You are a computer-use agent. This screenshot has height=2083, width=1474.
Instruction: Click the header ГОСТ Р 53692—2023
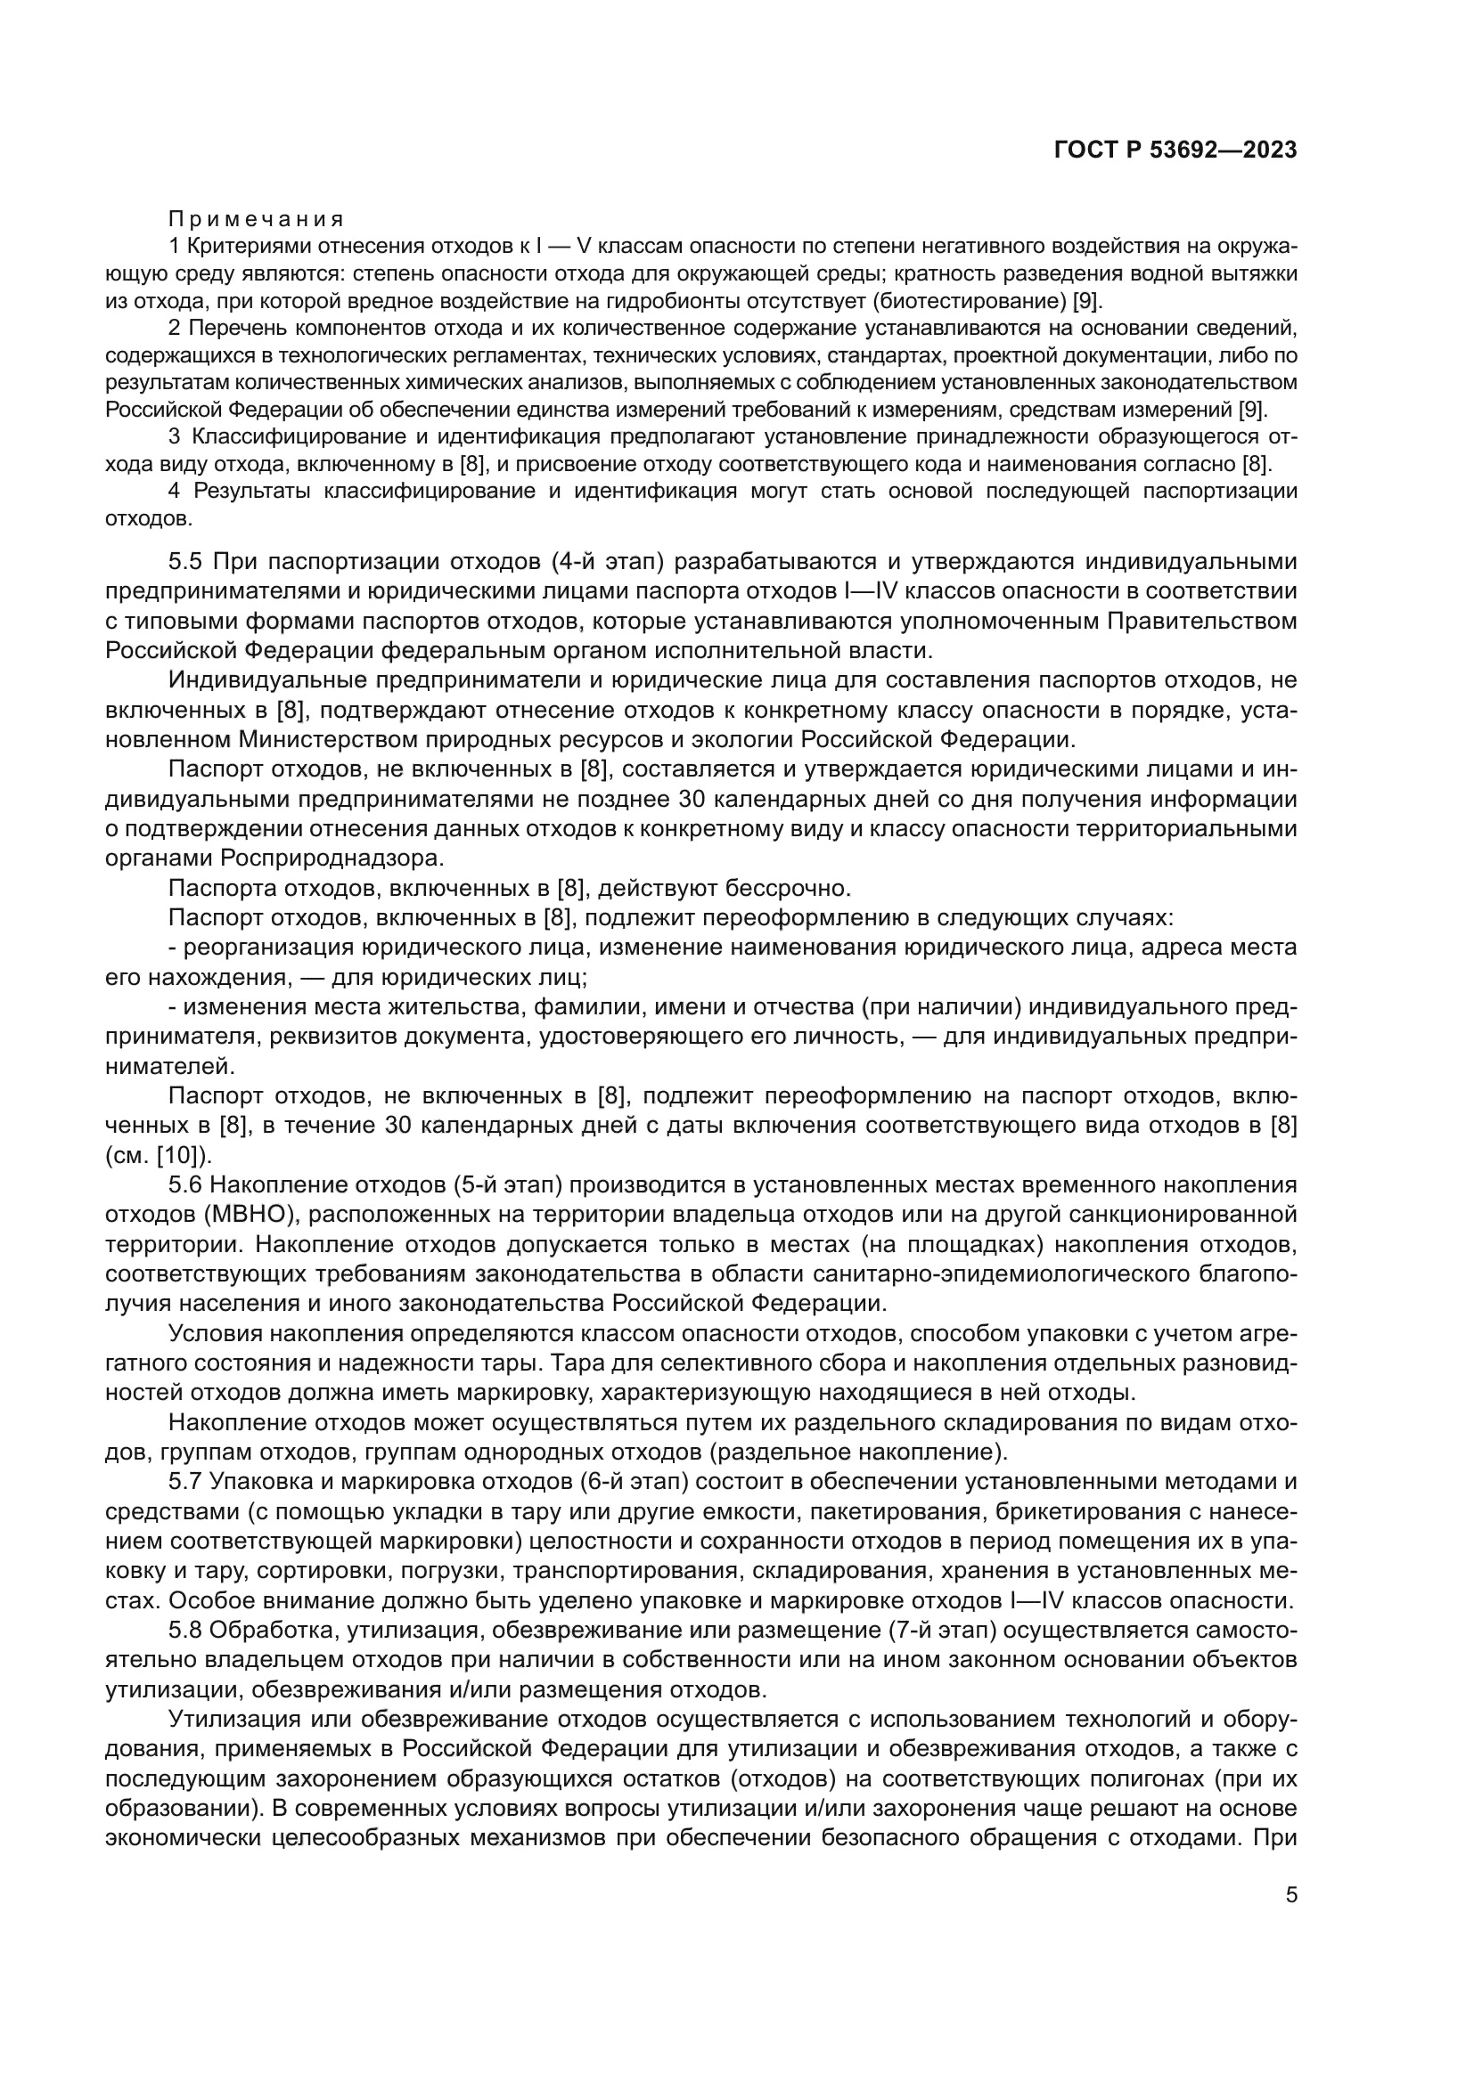coord(1175,151)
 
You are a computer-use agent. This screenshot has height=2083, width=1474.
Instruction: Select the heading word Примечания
coord(256,220)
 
